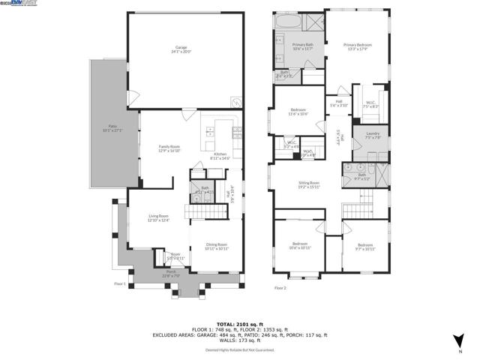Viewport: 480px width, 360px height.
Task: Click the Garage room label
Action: pyautogui.click(x=181, y=49)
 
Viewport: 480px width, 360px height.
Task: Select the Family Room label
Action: pyautogui.click(x=169, y=148)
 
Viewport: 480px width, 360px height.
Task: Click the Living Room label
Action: pyautogui.click(x=157, y=217)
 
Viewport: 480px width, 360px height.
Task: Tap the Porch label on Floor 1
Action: pyautogui.click(x=171, y=274)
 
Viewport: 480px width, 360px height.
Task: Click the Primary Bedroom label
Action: pyautogui.click(x=358, y=48)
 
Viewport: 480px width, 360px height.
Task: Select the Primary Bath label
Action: pyautogui.click(x=303, y=48)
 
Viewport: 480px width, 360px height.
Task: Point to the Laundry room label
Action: pyautogui.click(x=373, y=136)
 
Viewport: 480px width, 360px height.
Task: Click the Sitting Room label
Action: pyautogui.click(x=309, y=184)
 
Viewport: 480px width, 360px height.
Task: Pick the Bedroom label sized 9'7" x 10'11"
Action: pyautogui.click(x=364, y=247)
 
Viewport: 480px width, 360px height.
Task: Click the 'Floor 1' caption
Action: pyautogui.click(x=120, y=284)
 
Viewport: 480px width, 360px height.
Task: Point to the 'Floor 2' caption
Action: pyautogui.click(x=280, y=288)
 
